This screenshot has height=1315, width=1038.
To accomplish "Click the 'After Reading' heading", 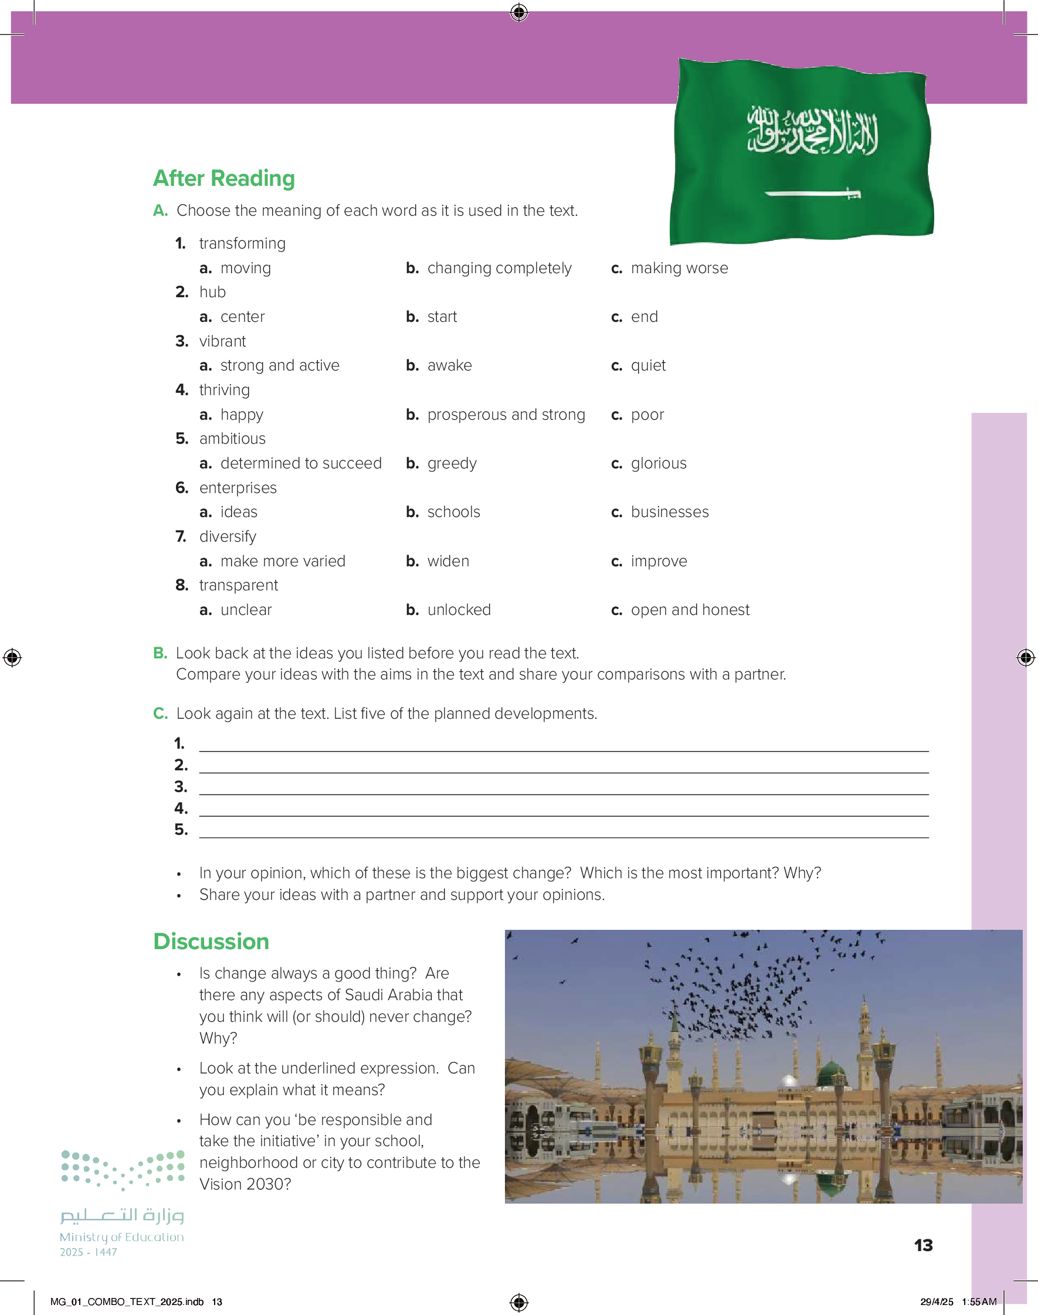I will [223, 178].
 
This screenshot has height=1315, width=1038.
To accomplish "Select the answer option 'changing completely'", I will [499, 268].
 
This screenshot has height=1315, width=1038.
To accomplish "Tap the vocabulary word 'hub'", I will [212, 292].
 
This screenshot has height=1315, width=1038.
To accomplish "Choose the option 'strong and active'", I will [280, 365].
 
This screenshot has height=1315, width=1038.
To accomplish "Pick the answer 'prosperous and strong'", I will [506, 414].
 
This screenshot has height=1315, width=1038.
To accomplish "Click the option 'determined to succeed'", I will [301, 463].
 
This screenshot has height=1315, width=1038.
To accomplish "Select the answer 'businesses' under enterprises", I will [669, 512].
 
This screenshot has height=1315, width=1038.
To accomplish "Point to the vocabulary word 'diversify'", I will [228, 536].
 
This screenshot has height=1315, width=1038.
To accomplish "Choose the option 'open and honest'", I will [690, 610].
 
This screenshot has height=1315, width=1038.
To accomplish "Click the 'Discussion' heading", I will [211, 942].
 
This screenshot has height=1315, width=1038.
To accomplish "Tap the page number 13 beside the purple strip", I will [923, 1246].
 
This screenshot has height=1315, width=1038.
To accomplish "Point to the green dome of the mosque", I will [832, 1074].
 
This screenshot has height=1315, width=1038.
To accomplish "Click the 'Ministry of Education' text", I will [121, 1237].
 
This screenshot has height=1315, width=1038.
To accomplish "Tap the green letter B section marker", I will [160, 653].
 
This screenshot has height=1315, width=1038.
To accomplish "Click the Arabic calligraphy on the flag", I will [813, 131].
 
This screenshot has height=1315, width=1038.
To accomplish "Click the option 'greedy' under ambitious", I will [452, 463].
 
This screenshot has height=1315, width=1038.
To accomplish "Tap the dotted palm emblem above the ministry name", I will [123, 1169].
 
